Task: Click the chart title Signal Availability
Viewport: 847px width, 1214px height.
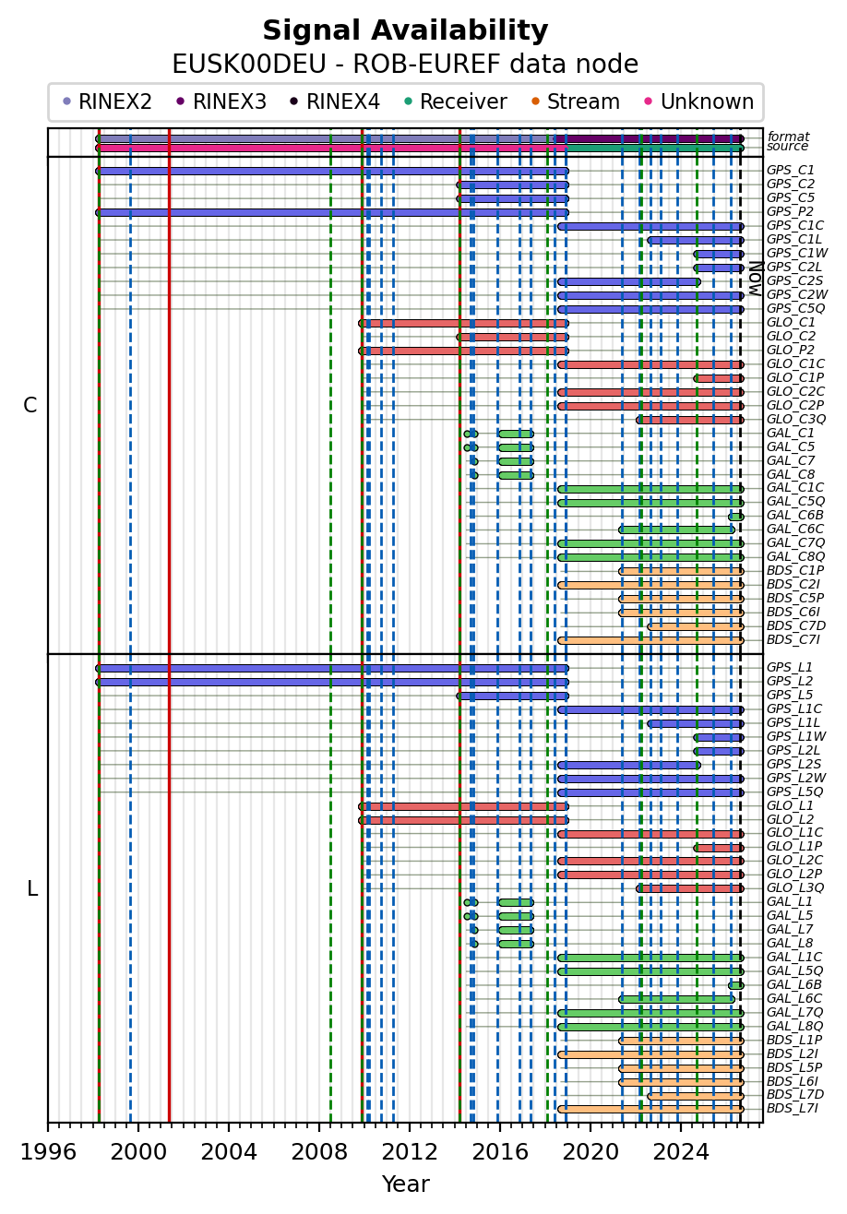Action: [x=405, y=30]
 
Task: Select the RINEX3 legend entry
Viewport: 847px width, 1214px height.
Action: [x=221, y=101]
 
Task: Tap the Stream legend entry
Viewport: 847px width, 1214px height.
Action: [x=576, y=101]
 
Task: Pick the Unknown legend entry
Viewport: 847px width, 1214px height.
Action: [x=699, y=101]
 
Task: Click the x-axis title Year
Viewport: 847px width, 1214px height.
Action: [x=405, y=1184]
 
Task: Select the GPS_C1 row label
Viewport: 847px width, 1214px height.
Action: [x=791, y=170]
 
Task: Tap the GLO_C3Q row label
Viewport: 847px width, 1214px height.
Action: [x=796, y=419]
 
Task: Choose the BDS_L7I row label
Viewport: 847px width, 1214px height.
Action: [x=793, y=1109]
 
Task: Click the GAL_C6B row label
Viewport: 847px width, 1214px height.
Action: [x=795, y=516]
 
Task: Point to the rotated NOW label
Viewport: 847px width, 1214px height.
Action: [x=757, y=279]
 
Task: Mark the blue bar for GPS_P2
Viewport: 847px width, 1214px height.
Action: [x=332, y=212]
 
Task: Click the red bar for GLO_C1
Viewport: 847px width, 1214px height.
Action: [x=464, y=324]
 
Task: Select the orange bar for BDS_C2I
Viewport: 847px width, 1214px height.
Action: [x=650, y=585]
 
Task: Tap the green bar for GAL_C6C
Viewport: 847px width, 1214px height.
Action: [x=677, y=530]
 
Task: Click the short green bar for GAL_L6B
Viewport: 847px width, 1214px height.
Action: [x=736, y=985]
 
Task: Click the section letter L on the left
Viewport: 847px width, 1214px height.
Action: [x=32, y=889]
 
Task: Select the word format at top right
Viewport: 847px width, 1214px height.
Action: [x=789, y=137]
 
